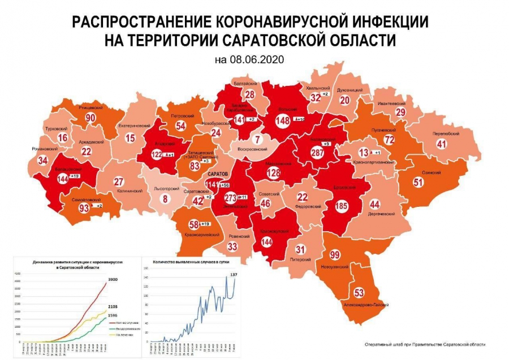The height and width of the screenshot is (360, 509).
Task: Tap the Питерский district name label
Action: (x=301, y=260)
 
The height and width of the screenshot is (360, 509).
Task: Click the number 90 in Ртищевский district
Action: (x=90, y=118)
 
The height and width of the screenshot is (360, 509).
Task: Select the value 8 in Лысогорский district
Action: (x=165, y=198)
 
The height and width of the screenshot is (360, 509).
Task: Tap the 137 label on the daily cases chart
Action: (x=234, y=274)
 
